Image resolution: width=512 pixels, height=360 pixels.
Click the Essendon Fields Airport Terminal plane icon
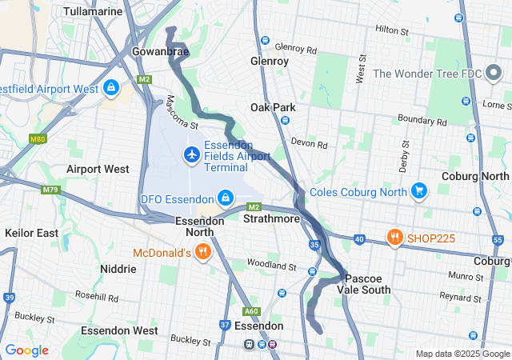[191, 154]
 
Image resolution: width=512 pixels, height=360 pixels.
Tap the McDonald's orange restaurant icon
[203, 252]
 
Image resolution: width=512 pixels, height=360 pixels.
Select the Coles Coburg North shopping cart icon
[418, 190]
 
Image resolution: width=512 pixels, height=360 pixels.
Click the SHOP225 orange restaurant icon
[394, 238]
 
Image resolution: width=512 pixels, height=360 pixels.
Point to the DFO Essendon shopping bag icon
[226, 198]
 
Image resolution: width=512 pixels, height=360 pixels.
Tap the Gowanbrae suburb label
[160, 51]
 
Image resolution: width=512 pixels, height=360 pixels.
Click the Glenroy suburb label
[270, 60]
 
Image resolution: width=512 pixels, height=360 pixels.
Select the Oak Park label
[273, 107]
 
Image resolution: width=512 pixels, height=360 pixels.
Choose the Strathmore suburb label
[271, 218]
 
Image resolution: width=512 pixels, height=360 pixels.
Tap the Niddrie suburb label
[119, 269]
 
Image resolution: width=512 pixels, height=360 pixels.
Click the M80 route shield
[37, 139]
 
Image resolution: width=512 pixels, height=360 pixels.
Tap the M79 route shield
[51, 190]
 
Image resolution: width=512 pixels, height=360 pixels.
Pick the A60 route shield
[252, 311]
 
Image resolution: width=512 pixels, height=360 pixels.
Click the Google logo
[26, 350]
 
